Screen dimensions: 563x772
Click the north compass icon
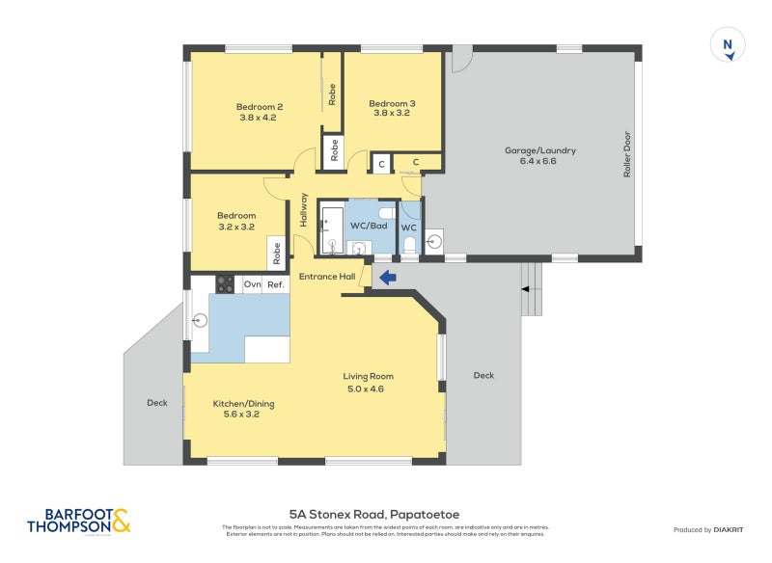point(728,46)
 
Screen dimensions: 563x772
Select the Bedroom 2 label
point(260,107)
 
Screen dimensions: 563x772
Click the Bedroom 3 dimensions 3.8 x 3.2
point(392,114)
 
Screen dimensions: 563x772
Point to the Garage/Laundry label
point(540,150)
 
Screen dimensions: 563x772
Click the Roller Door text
point(626,153)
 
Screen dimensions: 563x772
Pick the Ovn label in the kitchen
point(253,284)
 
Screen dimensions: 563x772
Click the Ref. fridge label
point(276,284)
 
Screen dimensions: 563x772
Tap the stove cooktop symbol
point(224,283)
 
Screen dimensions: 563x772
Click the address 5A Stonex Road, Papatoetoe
point(385,515)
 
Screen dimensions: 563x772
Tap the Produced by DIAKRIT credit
point(712,529)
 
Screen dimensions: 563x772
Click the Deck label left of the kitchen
point(157,403)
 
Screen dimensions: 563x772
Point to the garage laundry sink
point(433,239)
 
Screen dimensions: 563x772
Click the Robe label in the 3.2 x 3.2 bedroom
point(276,252)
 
